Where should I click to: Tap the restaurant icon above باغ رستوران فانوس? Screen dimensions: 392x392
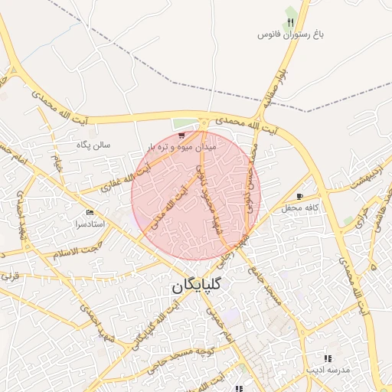click(x=291, y=20)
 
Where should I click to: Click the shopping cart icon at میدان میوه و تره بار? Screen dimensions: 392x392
click(x=181, y=136)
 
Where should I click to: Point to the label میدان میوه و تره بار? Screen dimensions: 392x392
click(x=183, y=145)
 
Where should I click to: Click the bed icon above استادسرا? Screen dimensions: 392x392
click(x=90, y=212)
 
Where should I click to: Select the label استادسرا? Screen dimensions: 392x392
click(x=89, y=224)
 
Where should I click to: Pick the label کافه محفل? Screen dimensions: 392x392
click(x=299, y=208)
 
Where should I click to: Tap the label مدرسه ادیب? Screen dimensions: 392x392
click(x=328, y=370)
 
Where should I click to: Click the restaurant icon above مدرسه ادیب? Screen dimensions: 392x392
click(x=328, y=358)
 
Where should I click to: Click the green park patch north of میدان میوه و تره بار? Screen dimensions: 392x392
click(x=182, y=123)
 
